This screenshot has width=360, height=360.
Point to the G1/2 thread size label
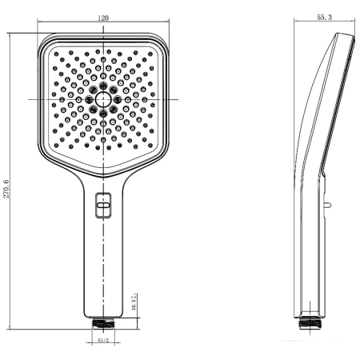coord(103,342)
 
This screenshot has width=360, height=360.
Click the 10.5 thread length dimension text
coord(134,302)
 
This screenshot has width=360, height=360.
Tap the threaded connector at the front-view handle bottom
coord(103,322)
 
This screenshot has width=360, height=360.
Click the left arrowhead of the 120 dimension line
coord(38,22)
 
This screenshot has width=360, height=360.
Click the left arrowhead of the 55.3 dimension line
coord(294,22)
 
